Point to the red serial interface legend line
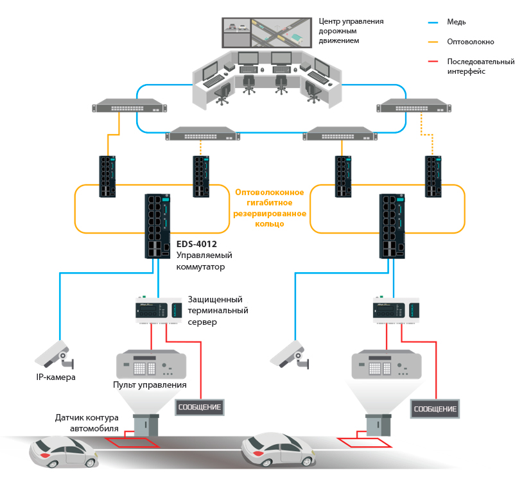pos(438,62)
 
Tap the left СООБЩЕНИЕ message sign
pos(199,407)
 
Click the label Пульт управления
pos(150,385)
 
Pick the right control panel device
pos(385,365)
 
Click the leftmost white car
pos(64,453)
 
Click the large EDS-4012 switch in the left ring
pos(155,226)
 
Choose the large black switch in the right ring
pos(391,226)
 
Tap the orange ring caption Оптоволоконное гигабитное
pos(270,197)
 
